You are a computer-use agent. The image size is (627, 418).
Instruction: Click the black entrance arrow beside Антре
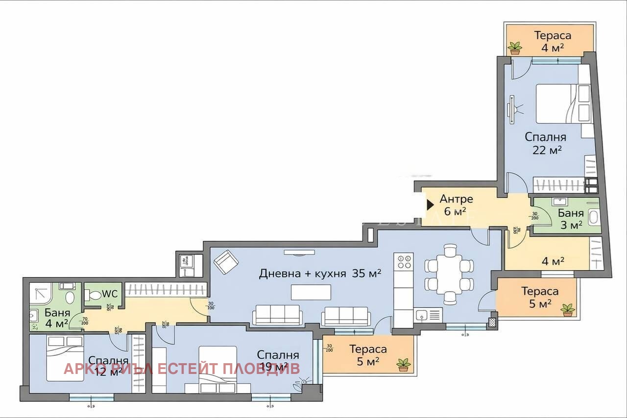tap(431, 204)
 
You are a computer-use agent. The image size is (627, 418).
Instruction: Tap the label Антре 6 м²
tap(456, 205)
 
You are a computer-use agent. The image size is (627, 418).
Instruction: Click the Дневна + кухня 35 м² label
tap(320, 274)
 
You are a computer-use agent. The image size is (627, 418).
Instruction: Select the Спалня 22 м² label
tap(546, 143)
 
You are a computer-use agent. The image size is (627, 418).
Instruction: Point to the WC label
tap(109, 295)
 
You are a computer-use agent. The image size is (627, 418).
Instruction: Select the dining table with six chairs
tap(449, 275)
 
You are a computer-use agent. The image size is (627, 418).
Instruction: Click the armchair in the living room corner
tap(225, 262)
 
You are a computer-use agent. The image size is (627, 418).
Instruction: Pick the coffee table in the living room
tap(311, 292)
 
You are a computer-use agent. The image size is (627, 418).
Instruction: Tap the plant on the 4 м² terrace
tap(515, 48)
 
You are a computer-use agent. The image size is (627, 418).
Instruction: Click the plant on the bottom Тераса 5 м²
tap(404, 365)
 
